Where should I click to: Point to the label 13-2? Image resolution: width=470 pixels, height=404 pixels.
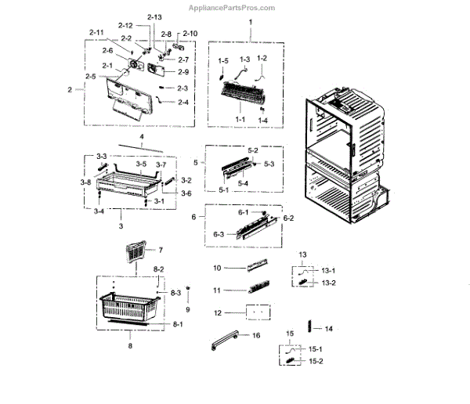pos(328,283)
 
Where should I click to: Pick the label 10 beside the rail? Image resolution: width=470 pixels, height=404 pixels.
pos(218,268)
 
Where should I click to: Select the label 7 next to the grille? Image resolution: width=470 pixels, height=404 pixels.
pos(160,250)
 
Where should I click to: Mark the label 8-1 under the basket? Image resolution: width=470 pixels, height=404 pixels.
pos(177,323)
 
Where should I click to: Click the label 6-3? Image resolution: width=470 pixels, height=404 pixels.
pos(219,234)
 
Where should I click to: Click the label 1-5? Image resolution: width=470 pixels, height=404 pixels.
pos(223,60)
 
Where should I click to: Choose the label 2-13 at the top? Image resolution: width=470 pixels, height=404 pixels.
pos(154,17)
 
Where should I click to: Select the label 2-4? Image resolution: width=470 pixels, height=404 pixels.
pos(183,102)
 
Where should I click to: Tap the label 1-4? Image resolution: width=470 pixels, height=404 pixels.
pos(263,121)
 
